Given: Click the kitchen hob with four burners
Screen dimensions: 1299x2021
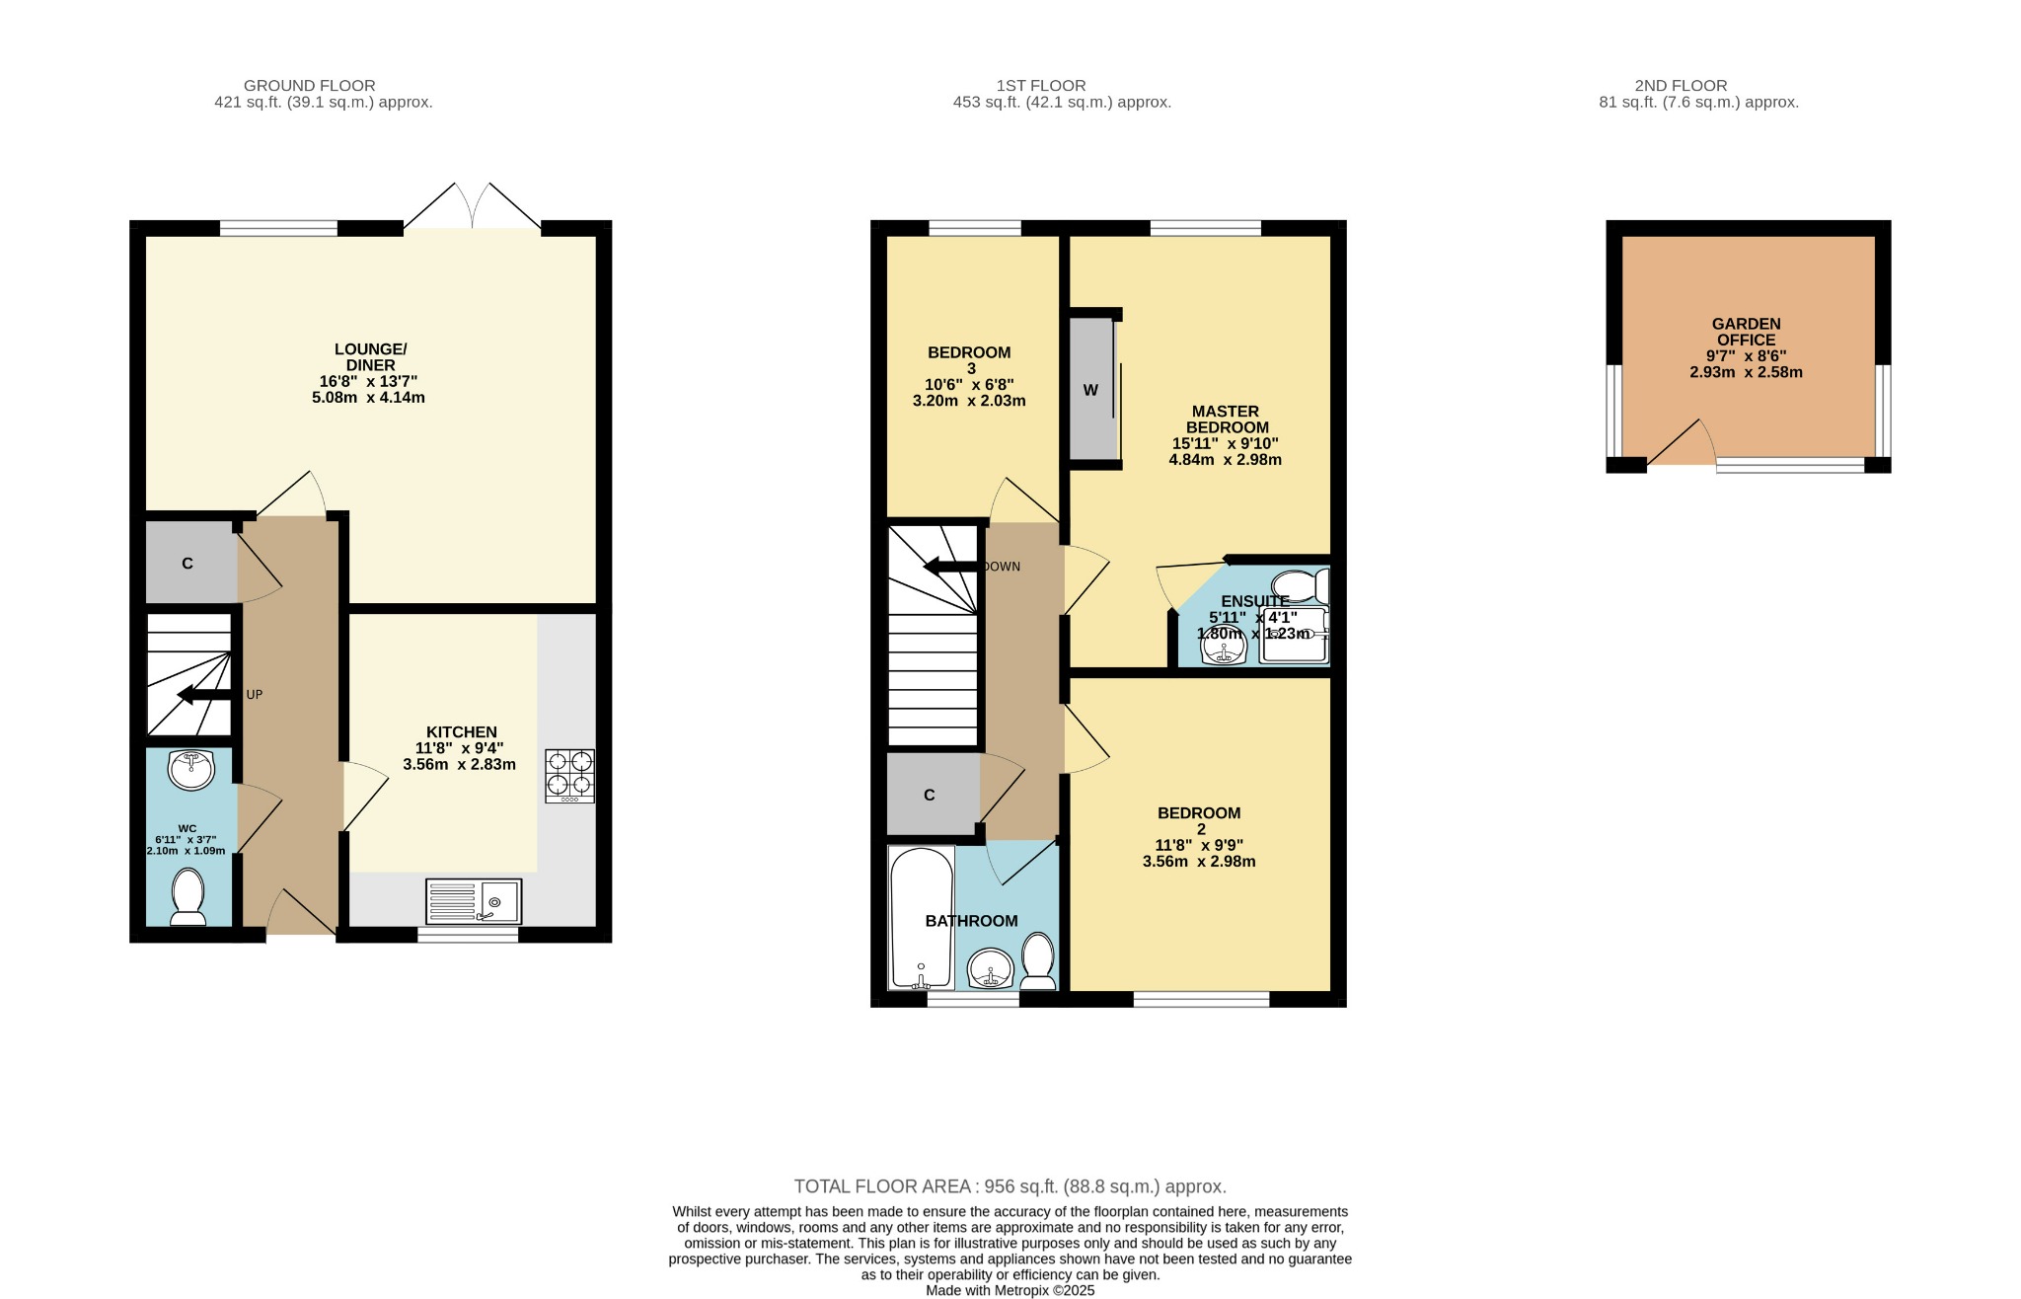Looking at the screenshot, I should point(569,775).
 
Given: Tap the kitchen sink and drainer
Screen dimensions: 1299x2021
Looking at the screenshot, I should point(474,901).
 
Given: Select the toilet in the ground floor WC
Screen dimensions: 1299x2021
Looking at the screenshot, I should point(187,896).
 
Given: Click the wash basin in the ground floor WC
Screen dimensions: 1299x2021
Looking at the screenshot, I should point(190,769).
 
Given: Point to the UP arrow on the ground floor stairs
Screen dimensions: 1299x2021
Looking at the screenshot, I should point(203,696).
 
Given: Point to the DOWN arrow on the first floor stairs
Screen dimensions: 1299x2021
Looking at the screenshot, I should point(950,567).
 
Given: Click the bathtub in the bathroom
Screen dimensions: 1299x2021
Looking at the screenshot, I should point(920,918).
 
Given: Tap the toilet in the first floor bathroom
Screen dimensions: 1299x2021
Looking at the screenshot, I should point(1037,960).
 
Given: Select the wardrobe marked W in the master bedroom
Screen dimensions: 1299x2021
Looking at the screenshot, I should point(1090,389).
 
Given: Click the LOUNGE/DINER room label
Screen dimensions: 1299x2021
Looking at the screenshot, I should point(370,357).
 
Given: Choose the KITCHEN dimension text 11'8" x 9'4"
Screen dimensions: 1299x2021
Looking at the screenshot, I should point(459,748).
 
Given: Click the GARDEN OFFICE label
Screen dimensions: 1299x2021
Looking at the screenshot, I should point(1746,332).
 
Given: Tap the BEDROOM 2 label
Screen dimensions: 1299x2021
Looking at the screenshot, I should point(1199,820).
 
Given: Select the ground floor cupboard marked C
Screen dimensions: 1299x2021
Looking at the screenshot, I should point(188,563).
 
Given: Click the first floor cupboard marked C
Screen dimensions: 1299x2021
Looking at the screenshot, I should point(930,795).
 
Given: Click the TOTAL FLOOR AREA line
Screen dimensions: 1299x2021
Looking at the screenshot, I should point(1010,1186).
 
